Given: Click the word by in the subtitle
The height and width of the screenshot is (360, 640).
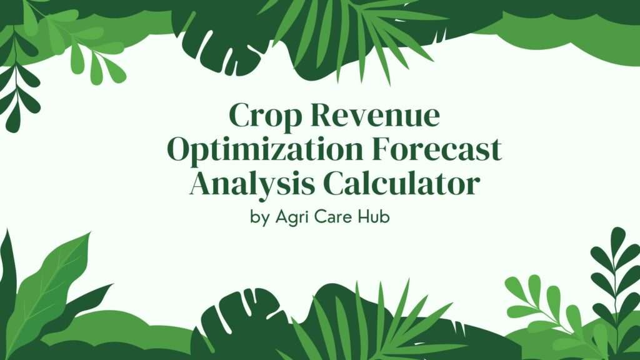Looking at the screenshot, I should [257, 220].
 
